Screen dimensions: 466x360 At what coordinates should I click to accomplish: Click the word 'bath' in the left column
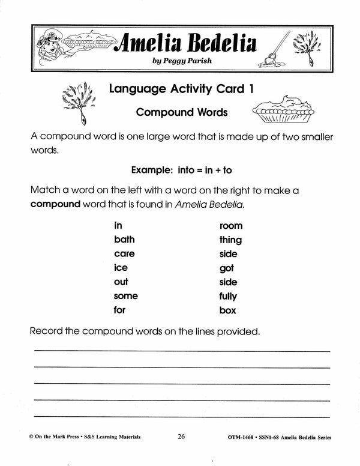tap(124, 240)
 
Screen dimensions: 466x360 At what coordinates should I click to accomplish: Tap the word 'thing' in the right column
tap(230, 240)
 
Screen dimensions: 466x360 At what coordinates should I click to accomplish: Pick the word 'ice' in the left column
tap(121, 268)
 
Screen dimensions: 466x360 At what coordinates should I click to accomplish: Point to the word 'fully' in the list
tap(228, 296)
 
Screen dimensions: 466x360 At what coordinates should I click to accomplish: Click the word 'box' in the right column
tap(227, 310)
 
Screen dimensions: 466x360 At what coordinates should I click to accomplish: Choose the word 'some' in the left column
tap(125, 296)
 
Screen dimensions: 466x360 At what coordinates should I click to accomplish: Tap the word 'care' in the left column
tap(124, 254)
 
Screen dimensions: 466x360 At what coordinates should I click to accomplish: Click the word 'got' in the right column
tap(226, 268)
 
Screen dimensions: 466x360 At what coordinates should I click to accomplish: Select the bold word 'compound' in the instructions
tap(55, 204)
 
